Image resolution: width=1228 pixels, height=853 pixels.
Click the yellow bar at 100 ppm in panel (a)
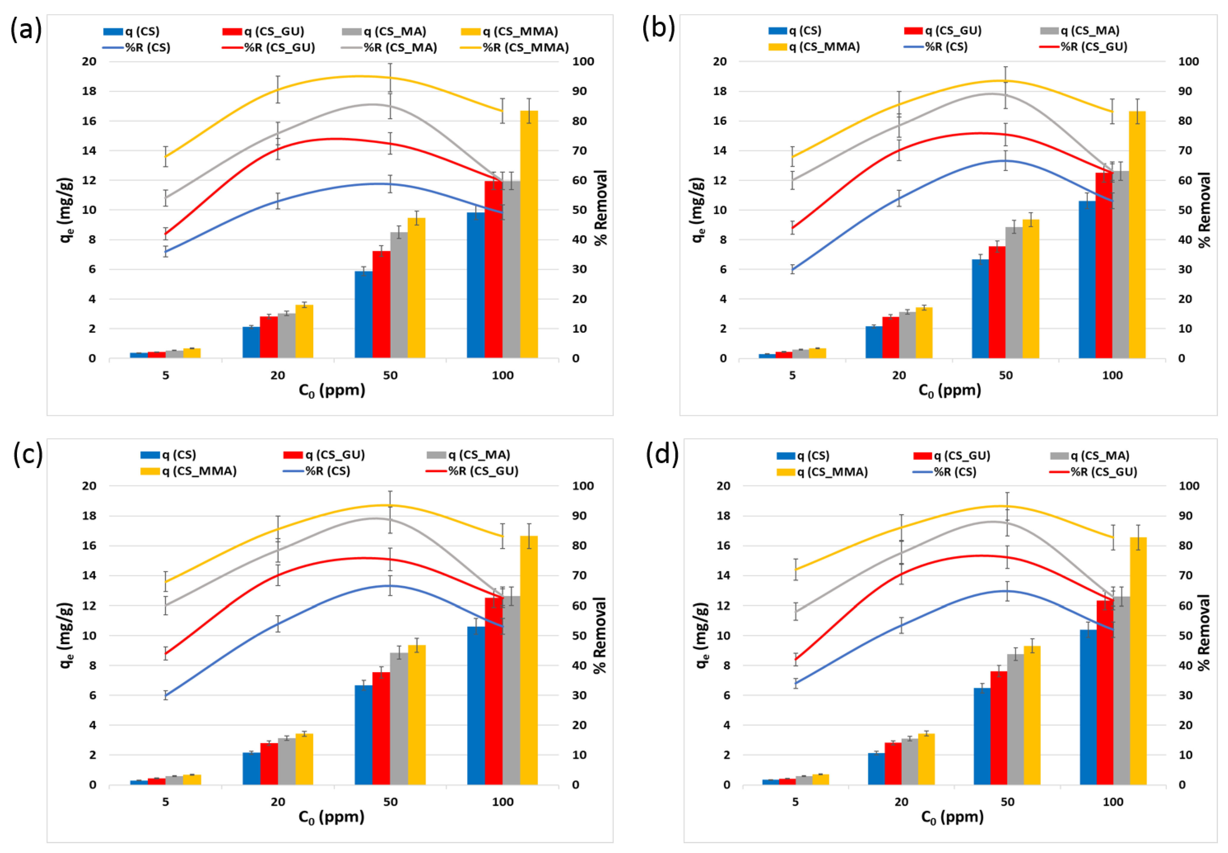click(529, 235)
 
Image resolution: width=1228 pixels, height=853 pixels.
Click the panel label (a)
click(26, 29)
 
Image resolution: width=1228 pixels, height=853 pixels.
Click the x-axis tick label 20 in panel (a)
click(278, 375)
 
